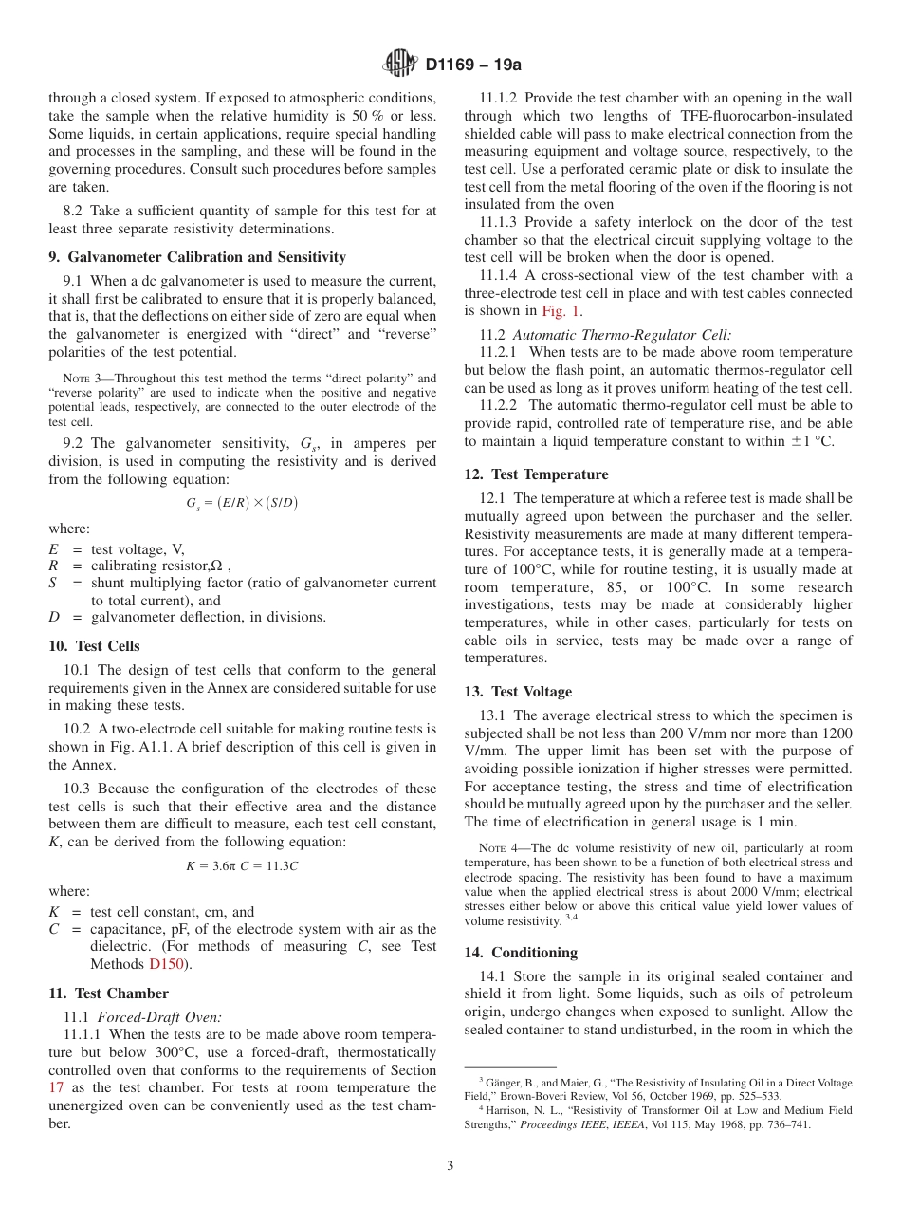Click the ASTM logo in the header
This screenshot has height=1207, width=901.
click(x=400, y=65)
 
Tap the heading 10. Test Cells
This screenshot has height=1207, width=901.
click(x=94, y=646)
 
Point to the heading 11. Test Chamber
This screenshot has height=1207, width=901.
click(x=108, y=993)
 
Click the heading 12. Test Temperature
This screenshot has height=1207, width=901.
click(x=536, y=474)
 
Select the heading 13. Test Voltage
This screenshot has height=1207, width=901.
click(x=518, y=692)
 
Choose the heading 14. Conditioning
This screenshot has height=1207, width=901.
click(x=521, y=953)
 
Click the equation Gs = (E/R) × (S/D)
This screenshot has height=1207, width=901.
click(x=242, y=503)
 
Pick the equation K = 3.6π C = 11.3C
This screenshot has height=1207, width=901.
click(x=242, y=866)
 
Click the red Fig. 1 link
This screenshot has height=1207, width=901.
click(x=561, y=310)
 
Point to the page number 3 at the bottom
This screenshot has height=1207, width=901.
click(x=450, y=1166)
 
